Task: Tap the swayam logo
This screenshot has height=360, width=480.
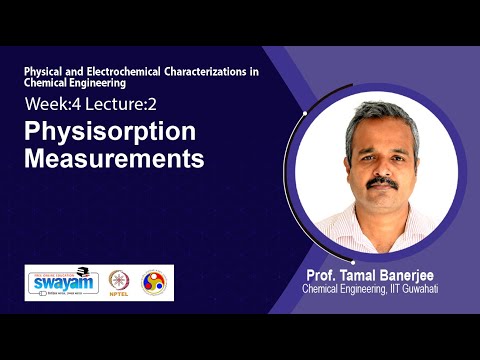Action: (x=62, y=282)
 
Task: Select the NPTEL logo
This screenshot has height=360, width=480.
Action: (x=119, y=282)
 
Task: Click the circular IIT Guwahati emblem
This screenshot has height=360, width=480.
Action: (x=154, y=282)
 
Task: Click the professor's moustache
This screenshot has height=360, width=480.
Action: (x=380, y=183)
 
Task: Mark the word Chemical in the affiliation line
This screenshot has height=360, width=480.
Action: (x=323, y=289)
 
